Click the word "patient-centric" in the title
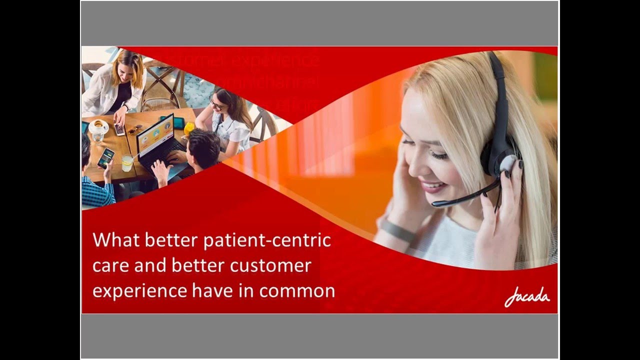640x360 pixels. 267,240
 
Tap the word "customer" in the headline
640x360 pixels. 270,265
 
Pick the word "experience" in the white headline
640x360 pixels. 131,291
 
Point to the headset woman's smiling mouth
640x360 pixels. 433,187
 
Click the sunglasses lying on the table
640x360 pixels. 134,129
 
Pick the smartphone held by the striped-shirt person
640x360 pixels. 105,158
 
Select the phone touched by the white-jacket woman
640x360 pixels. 120,129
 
